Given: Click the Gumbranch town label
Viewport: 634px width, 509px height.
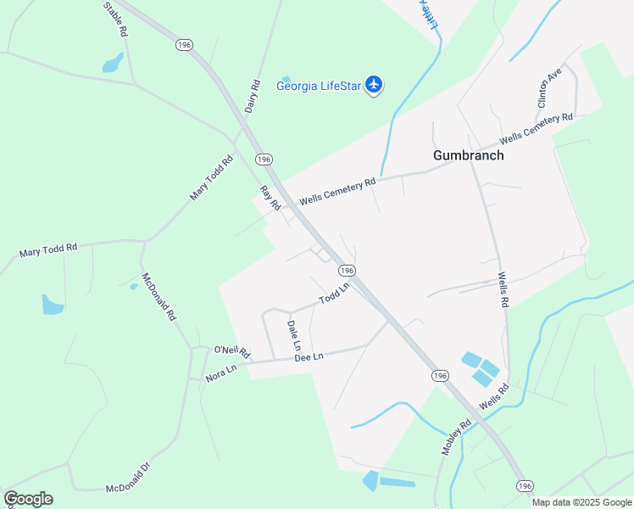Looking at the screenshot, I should point(468,155).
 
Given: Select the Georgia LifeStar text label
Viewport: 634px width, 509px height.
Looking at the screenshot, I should point(320,85).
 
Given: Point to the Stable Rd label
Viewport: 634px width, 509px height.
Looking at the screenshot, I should point(115,19).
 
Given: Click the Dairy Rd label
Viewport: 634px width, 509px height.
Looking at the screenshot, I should point(252,97).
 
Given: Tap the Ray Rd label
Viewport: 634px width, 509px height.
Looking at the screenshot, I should point(270,199).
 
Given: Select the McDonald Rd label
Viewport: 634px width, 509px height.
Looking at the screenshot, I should point(158,296).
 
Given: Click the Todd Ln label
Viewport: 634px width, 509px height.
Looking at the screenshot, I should point(334,295).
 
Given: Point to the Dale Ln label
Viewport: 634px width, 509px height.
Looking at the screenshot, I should point(293,335).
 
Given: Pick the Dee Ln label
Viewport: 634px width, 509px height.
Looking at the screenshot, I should point(309,357).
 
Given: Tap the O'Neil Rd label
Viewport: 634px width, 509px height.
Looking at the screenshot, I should point(231,350).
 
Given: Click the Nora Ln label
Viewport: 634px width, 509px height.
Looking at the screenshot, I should point(220,373).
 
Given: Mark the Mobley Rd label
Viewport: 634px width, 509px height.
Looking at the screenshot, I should point(455,438).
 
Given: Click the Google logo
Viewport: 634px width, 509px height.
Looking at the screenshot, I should point(28,499).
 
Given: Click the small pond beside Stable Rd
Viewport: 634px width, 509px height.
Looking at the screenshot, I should point(112,63).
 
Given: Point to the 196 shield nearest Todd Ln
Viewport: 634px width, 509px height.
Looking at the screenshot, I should point(346,270).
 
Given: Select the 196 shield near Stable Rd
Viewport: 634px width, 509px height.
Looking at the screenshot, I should point(183,44).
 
